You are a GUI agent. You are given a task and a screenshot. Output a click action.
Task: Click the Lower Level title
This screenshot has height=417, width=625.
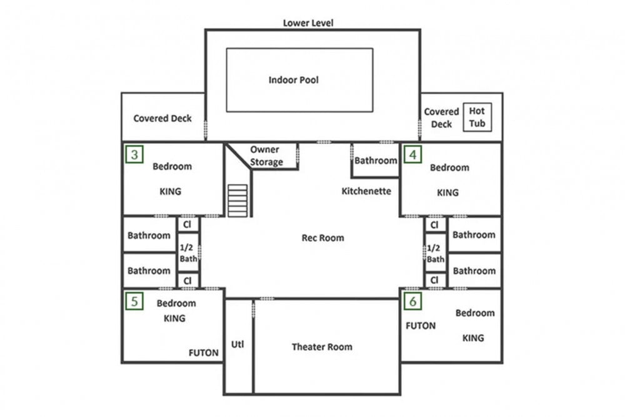308,23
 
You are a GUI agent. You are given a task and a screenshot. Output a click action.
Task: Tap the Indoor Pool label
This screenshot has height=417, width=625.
293,80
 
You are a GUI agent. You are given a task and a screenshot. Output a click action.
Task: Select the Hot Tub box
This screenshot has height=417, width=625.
477,117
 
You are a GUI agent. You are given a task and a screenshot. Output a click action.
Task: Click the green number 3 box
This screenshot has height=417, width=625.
134,154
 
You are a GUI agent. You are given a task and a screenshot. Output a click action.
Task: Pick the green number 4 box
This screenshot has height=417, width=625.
412,154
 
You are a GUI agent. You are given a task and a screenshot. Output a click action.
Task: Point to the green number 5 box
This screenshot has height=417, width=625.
134,301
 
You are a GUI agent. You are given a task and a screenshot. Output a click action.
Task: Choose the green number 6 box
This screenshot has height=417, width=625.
412,301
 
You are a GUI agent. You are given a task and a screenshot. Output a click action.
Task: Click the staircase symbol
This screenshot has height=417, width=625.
237,201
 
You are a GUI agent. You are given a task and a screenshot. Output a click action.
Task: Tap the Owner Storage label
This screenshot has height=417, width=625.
266,156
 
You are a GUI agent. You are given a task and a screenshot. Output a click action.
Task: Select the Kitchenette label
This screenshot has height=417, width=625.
366,191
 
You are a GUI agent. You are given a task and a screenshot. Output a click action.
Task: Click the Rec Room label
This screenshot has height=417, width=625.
323,238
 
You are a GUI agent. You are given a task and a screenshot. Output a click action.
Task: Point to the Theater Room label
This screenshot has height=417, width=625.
322,347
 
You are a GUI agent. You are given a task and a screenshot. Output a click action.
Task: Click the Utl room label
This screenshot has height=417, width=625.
237,344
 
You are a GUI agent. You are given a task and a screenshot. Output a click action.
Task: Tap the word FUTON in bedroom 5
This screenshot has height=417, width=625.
203,353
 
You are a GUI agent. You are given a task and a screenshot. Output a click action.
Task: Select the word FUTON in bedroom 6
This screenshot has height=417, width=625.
421,326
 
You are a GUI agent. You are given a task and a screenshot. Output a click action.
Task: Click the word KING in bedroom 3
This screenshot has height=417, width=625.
170,191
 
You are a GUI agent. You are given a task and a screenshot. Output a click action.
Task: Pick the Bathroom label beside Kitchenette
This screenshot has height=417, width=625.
376,161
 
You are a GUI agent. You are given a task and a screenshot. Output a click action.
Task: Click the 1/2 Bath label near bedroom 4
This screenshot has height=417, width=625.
435,254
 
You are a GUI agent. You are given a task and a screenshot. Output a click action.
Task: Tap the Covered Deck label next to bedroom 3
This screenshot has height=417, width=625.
162,118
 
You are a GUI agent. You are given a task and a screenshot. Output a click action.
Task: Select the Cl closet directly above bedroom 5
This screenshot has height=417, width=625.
187,281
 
